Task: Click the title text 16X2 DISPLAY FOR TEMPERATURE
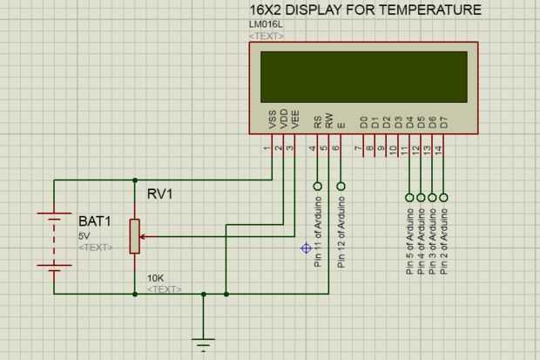tap(364, 10)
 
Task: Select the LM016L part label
tap(266, 24)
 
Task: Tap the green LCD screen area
tap(363, 78)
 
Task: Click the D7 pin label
tap(443, 123)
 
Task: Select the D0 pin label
tap(364, 123)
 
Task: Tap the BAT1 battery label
tap(95, 221)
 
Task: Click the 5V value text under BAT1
tap(84, 235)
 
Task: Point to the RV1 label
tap(159, 194)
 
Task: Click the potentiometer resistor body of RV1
tap(135, 235)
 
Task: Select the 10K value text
tap(155, 278)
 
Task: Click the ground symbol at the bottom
tap(203, 342)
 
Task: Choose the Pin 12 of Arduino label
tap(341, 233)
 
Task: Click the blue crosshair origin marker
tap(306, 248)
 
